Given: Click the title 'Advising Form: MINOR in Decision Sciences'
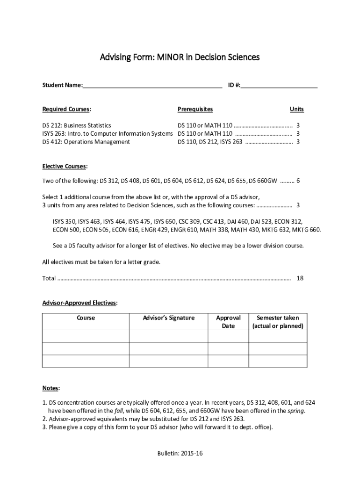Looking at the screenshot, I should click(180, 58).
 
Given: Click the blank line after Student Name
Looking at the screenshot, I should click(152, 86).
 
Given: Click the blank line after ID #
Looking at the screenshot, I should click(279, 86).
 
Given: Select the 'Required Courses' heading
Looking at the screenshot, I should click(66, 109).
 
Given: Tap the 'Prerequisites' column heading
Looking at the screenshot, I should click(195, 109).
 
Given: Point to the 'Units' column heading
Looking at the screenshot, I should click(296, 109).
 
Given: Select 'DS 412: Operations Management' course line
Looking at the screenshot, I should click(86, 142).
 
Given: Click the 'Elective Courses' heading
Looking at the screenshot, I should click(65, 166).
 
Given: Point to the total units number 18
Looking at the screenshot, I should click(300, 278).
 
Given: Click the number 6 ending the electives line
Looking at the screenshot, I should click(298, 181).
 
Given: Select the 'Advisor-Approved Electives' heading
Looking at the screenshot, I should click(80, 303).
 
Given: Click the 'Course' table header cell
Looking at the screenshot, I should click(86, 318).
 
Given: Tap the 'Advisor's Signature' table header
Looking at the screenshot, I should click(168, 318).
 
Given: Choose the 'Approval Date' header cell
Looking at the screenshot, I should click(228, 321).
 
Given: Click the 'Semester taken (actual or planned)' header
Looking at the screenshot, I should click(278, 321).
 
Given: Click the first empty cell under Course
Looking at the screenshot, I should click(86, 336).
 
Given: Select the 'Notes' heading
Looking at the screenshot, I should click(51, 388).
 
